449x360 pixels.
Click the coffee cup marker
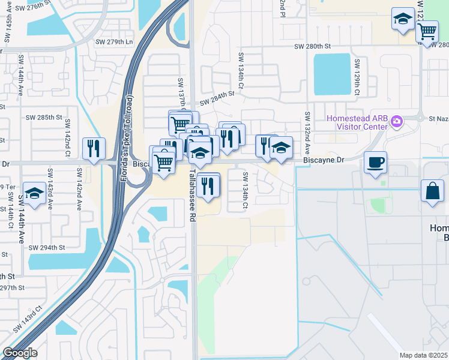click(x=375, y=163)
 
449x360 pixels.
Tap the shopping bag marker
click(x=432, y=191)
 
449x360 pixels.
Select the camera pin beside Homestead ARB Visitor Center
click(x=396, y=122)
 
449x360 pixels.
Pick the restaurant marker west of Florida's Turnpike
click(x=94, y=149)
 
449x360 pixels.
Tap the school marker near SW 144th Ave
click(x=35, y=194)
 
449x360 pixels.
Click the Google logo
click(x=19, y=353)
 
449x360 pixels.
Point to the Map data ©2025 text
click(x=423, y=355)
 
